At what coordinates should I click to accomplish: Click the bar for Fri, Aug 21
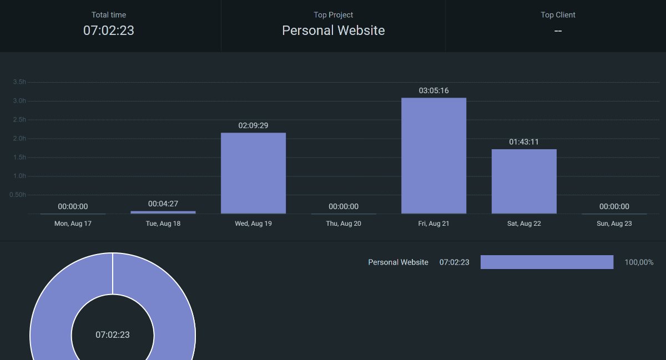click(434, 155)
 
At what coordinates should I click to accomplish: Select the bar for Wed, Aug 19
click(253, 173)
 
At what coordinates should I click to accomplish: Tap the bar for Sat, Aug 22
click(524, 181)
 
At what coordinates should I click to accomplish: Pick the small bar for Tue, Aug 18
click(163, 212)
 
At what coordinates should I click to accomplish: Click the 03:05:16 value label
click(434, 90)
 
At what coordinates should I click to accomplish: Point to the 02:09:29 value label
click(253, 125)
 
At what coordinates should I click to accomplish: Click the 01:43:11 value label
click(524, 142)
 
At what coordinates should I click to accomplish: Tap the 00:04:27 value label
click(163, 204)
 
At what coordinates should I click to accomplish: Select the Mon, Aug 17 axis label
click(73, 224)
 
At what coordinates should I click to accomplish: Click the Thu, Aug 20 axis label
click(344, 224)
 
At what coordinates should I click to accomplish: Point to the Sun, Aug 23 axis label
click(614, 224)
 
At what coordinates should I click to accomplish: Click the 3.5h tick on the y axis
click(19, 82)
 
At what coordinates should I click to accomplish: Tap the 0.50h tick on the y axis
click(18, 195)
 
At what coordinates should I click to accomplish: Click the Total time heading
click(109, 15)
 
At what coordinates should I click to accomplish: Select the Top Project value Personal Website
click(334, 31)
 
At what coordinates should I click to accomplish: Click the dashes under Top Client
click(558, 31)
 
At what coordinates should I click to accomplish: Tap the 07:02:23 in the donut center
click(113, 334)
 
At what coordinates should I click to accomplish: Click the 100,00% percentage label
click(639, 262)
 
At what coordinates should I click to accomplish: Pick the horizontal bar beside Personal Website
click(547, 262)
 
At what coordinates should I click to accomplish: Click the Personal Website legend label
click(398, 262)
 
